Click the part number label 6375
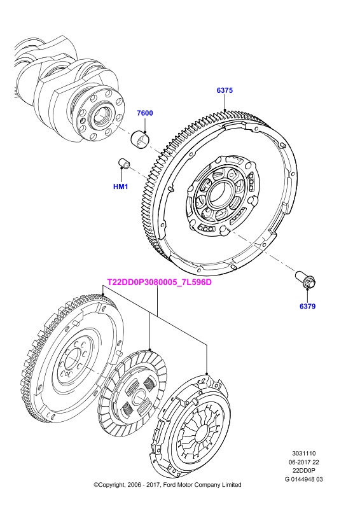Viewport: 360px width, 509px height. coord(225,90)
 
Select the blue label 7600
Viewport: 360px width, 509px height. coord(145,113)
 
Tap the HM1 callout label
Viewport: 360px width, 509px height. coord(121,186)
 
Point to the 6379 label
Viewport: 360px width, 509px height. coord(307,306)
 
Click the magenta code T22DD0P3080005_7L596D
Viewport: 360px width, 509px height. coord(160,282)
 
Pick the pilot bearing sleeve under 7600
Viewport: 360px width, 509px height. coord(139,139)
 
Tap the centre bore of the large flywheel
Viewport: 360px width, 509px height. coord(220,194)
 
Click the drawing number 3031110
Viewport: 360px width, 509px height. coord(303,453)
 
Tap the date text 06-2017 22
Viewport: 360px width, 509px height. coord(303,462)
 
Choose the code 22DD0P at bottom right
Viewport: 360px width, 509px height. coord(303,470)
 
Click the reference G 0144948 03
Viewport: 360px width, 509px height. coord(303,479)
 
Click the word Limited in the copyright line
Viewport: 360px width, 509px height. coord(232,485)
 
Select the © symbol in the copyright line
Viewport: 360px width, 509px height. coord(96,485)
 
